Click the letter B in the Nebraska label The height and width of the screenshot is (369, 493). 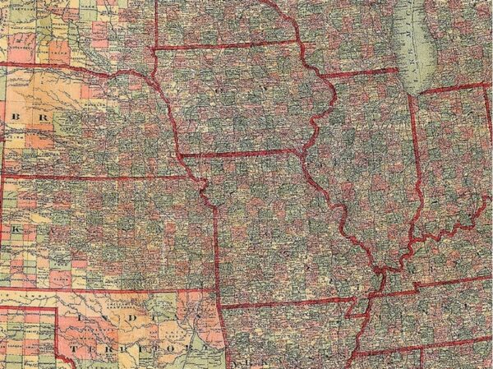coord(15,117)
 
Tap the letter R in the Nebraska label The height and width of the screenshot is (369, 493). coord(29,118)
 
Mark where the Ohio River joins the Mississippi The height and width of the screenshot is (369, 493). coord(380,271)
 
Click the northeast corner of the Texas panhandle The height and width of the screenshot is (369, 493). coord(58,309)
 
